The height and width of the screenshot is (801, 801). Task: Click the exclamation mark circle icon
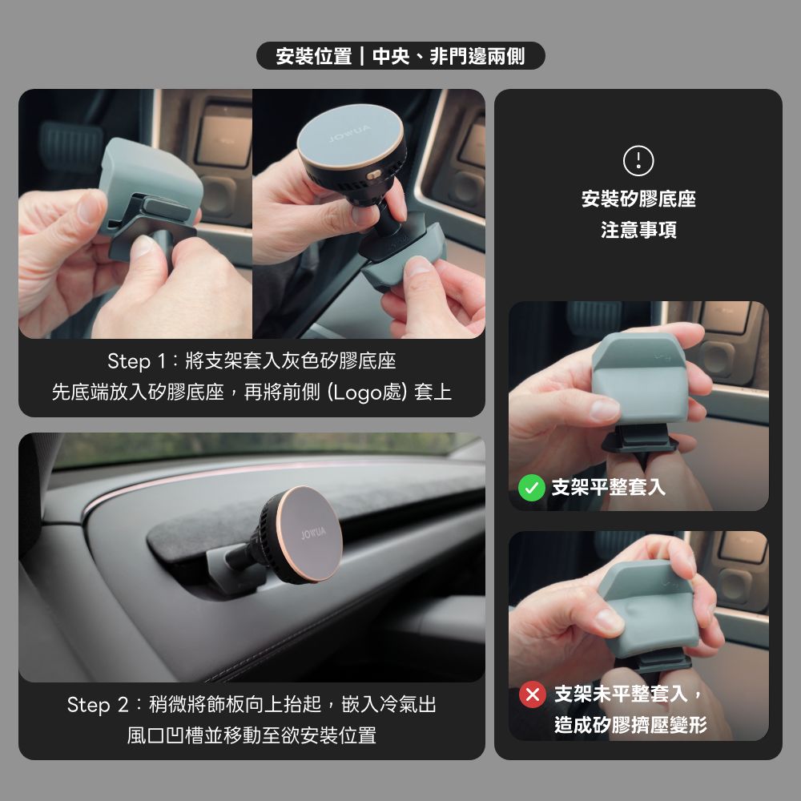coord(638,160)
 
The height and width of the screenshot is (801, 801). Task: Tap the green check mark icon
coord(531,487)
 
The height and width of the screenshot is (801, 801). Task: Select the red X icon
coord(533,694)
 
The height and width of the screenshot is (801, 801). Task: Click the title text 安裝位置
coord(314,56)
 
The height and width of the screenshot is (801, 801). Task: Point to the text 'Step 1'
coord(136,361)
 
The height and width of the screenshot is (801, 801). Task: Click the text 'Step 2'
coord(97,705)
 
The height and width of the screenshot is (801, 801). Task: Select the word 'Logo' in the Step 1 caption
coord(357,392)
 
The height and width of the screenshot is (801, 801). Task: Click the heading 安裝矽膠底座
coord(638,199)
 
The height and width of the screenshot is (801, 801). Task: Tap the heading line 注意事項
coord(638,230)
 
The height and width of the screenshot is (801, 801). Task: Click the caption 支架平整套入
coord(609,487)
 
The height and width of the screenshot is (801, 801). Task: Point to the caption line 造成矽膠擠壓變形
coord(631,724)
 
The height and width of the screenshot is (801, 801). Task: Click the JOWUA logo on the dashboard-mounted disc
coord(313,533)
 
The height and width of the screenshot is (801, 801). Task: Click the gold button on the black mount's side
coord(374,175)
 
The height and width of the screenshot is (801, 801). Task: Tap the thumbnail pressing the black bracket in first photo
coord(144,247)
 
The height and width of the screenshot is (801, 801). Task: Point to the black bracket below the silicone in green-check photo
coord(639,439)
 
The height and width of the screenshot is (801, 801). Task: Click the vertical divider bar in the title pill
coord(362,56)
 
